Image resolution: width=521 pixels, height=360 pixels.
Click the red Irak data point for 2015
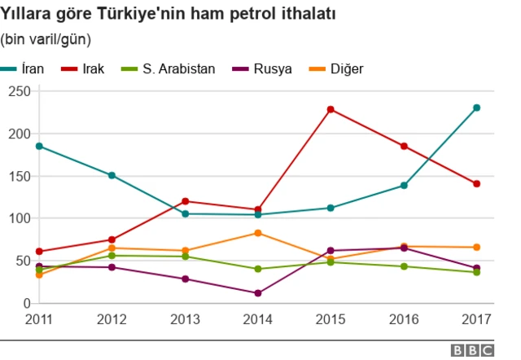pos(331,109)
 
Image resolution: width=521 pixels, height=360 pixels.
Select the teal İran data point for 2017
pos(476,108)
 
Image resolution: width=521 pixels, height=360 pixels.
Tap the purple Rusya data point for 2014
pos(258,293)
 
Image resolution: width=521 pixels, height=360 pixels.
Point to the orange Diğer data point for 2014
pos(258,233)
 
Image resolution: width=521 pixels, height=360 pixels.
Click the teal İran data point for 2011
pos(39,147)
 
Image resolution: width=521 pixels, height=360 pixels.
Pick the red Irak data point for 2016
pos(404,147)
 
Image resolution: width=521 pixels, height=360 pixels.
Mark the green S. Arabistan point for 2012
pos(112,256)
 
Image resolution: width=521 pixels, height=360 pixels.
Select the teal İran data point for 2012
pos(112,175)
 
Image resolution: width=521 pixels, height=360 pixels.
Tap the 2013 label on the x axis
pos(185,318)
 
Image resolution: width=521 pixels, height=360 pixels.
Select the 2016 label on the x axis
pos(404,318)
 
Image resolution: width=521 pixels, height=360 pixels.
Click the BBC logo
pos(472,350)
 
